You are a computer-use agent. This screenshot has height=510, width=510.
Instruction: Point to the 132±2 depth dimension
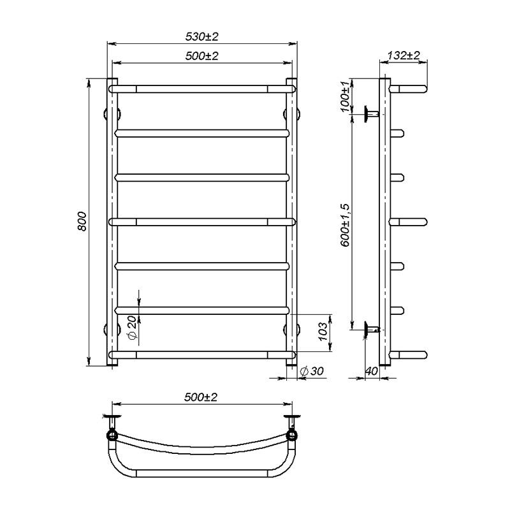tap(403, 56)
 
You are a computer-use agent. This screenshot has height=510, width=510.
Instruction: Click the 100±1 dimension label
tap(346, 96)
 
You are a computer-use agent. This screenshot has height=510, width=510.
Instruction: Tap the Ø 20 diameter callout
tap(131, 327)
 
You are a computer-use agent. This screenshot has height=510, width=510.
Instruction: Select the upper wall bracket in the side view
tap(372, 114)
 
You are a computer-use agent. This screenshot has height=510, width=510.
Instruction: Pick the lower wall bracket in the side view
tap(372, 330)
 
